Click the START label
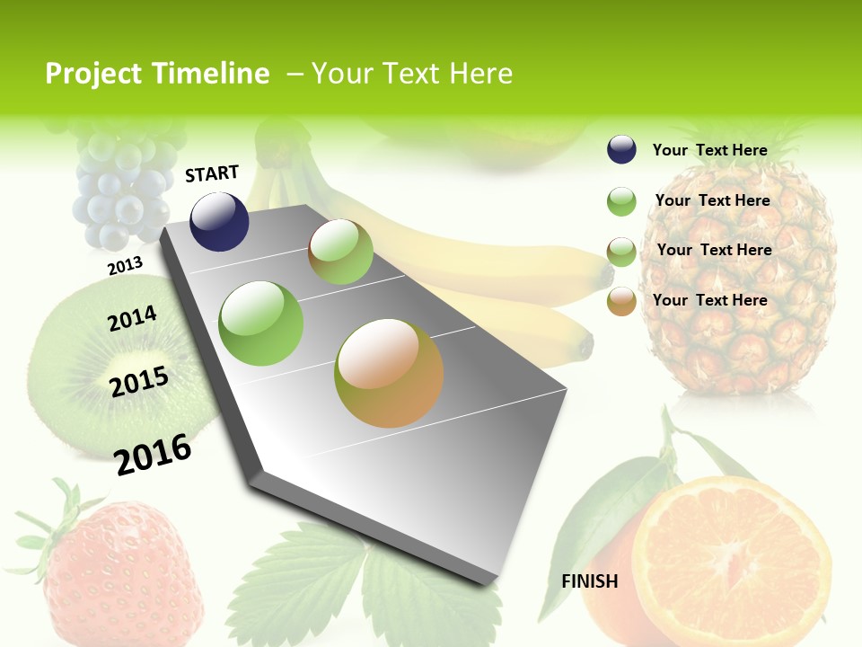(212, 173)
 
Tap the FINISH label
(590, 581)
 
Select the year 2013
(125, 266)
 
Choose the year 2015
(139, 382)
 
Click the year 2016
(153, 455)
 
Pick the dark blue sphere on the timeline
(219, 221)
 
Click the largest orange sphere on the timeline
(389, 373)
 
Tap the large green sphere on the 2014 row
(261, 323)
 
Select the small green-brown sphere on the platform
(340, 252)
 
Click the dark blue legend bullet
(621, 150)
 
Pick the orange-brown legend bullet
(621, 301)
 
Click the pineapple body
(741, 288)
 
